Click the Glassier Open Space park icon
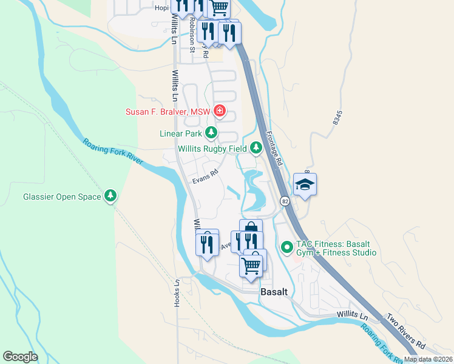click(110, 196)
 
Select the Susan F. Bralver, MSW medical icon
click(219, 112)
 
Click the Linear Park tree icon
click(211, 133)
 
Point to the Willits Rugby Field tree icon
click(256, 147)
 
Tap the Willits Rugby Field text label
click(212, 149)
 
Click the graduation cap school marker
click(305, 184)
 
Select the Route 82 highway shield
click(284, 201)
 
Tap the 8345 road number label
click(337, 118)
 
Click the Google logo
click(21, 356)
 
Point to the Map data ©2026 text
click(428, 359)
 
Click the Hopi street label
click(161, 8)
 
